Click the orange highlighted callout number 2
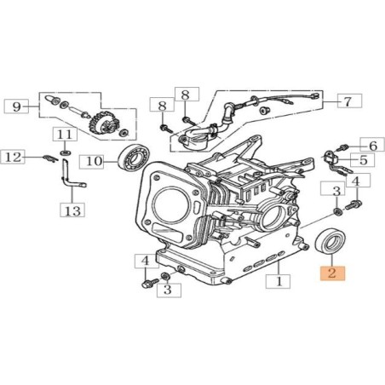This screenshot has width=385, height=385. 332,273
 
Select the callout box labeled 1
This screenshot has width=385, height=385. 278,281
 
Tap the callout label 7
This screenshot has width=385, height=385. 349,101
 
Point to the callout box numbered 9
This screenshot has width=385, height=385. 16,106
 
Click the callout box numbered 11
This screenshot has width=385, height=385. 65,134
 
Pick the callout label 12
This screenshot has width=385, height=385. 13,157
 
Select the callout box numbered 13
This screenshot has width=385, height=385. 72,210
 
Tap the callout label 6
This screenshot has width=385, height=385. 372,145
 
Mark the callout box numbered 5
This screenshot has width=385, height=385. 362,160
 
